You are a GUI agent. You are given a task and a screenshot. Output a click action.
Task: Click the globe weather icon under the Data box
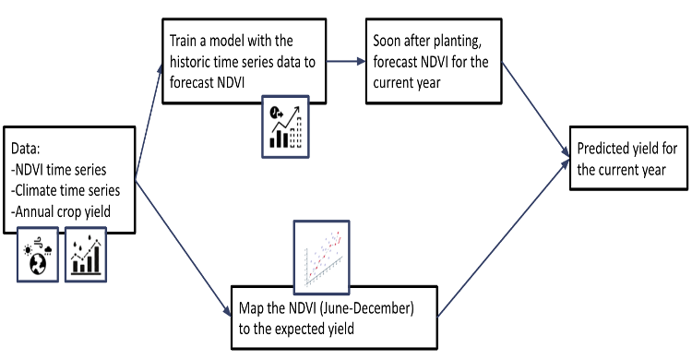(38, 255)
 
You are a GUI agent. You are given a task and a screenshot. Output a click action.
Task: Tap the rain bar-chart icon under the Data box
(86, 255)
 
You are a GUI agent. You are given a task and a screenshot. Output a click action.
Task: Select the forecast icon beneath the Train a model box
(285, 126)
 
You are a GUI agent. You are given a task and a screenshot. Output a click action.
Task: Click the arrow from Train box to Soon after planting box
(346, 62)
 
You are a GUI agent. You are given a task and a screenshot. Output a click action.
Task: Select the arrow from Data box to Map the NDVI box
(184, 248)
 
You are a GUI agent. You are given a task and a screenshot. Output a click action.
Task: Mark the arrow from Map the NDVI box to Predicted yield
(504, 238)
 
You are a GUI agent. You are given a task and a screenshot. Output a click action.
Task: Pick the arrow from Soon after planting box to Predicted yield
(536, 109)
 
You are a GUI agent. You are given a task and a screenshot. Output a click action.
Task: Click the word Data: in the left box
(26, 149)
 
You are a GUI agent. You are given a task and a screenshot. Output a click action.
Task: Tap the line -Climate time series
(66, 190)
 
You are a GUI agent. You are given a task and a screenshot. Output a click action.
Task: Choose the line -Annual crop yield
(61, 211)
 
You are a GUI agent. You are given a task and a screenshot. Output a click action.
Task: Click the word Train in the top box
(183, 41)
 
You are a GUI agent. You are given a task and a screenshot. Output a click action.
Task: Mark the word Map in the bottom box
(252, 308)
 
